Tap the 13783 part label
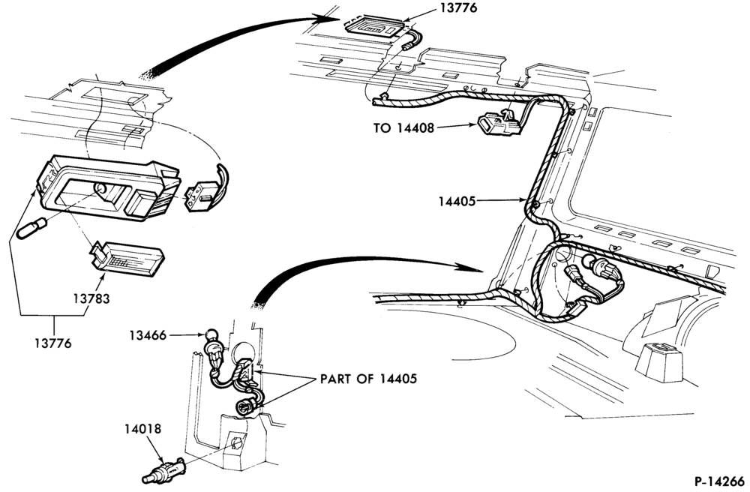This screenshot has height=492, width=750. (x=91, y=298)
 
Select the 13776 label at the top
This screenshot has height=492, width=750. (x=458, y=8)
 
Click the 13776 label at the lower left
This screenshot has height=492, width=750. (x=52, y=343)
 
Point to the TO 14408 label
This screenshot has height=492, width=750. (x=403, y=128)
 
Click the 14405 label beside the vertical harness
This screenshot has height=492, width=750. (x=457, y=201)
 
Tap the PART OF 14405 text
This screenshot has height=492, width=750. (x=368, y=379)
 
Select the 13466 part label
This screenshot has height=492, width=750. (x=147, y=336)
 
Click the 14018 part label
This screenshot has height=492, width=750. (x=143, y=429)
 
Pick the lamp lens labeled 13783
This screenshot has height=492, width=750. (x=127, y=258)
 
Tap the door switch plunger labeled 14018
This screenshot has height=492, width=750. (x=164, y=472)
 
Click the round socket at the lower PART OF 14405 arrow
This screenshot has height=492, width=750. (x=244, y=407)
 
